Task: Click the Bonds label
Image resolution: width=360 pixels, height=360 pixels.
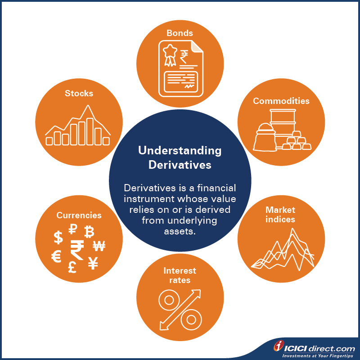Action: click(x=180, y=33)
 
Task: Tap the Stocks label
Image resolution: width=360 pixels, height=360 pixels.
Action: click(x=79, y=94)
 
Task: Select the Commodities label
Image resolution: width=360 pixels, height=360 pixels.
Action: click(x=281, y=101)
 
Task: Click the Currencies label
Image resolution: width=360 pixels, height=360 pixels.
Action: click(x=79, y=215)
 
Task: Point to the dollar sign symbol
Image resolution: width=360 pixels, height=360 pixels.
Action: click(x=58, y=238)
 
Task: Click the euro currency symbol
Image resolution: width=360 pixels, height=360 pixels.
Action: click(x=56, y=256)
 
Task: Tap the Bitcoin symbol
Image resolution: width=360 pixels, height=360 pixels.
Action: click(x=89, y=232)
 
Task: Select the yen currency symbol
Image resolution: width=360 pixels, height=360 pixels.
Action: click(x=93, y=263)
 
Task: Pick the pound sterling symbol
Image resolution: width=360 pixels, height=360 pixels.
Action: click(x=72, y=267)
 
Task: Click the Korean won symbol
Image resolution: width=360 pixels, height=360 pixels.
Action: click(x=99, y=246)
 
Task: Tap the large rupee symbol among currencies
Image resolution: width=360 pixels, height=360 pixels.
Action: click(x=77, y=250)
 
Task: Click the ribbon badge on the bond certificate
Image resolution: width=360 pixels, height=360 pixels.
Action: click(x=170, y=55)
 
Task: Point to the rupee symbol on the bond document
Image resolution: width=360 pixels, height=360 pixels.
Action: click(x=184, y=57)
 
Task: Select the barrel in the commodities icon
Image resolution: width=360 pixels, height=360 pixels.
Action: click(x=283, y=126)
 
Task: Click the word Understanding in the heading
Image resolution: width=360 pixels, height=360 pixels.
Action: click(x=180, y=151)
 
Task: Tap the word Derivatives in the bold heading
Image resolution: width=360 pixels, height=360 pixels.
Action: click(x=180, y=165)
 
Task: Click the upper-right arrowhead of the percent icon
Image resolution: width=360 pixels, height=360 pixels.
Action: click(x=197, y=293)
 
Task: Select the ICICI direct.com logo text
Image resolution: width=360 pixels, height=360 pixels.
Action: click(x=319, y=348)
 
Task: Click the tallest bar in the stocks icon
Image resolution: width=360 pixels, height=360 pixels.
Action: click(x=90, y=131)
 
